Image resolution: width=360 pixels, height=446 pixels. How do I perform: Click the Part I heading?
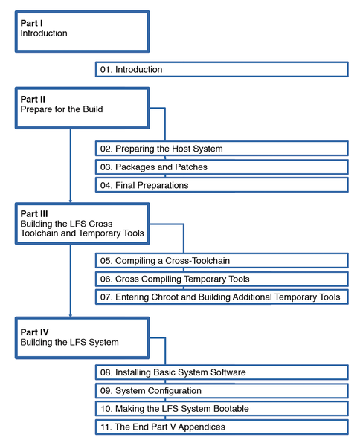pos(31,23)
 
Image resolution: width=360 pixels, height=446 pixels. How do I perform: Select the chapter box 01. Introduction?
pos(222,69)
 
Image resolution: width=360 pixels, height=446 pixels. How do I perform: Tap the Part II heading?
pos(33,100)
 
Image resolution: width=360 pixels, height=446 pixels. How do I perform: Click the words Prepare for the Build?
pos(62,109)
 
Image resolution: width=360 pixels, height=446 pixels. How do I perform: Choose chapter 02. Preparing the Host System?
pos(222,149)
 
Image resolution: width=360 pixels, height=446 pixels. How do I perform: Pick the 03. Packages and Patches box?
pos(222,167)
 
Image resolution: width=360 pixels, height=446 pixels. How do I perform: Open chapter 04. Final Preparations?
pos(222,185)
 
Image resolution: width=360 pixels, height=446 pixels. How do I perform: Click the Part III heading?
pos(34,213)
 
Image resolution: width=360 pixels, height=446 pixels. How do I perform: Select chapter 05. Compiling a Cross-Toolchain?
pos(222,261)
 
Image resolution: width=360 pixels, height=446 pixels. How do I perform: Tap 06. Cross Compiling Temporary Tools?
pos(222,279)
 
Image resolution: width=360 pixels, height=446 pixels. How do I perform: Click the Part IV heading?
pos(34,332)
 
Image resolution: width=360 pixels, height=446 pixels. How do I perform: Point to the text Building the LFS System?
pos(69,342)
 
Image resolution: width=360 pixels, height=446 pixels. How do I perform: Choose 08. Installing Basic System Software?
pos(222,372)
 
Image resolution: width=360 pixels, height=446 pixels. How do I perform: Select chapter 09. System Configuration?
pos(222,391)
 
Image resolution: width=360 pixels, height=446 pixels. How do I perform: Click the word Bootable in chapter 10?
pos(231,409)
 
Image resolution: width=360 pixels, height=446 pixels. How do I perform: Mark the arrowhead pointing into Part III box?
pos(71,201)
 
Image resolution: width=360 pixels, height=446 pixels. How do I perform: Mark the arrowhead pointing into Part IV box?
pos(71,315)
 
